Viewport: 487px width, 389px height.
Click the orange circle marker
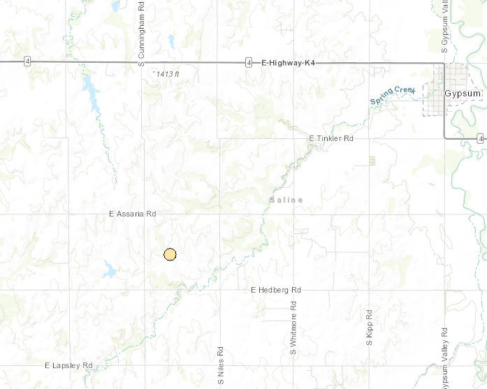pyautogui.click(x=169, y=254)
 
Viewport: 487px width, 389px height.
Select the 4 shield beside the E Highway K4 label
pyautogui.click(x=249, y=63)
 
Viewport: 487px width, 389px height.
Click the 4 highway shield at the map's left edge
pyautogui.click(x=26, y=62)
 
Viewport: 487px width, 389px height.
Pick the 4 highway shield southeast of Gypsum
pyautogui.click(x=481, y=139)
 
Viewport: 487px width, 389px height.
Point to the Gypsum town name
pyautogui.click(x=463, y=93)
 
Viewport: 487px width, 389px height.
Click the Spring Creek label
pyautogui.click(x=393, y=95)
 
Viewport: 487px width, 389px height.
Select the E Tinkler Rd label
pyautogui.click(x=331, y=139)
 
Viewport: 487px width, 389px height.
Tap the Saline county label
pyautogui.click(x=286, y=200)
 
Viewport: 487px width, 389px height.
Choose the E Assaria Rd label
pyautogui.click(x=132, y=214)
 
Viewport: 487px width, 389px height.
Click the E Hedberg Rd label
pyautogui.click(x=275, y=289)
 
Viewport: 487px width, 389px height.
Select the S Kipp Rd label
pyautogui.click(x=369, y=325)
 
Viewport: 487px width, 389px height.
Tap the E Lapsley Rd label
pyautogui.click(x=68, y=365)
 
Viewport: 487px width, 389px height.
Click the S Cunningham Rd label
pyautogui.click(x=141, y=35)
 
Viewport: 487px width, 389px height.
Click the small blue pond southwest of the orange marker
pyautogui.click(x=110, y=269)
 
